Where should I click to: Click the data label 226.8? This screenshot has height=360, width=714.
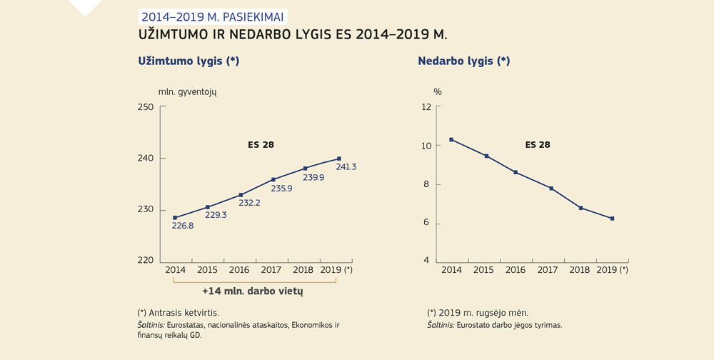(183, 226)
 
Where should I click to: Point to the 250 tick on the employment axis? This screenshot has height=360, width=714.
(146, 107)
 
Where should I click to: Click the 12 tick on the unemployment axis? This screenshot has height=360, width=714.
(426, 107)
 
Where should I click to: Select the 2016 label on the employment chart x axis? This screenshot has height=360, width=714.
(239, 270)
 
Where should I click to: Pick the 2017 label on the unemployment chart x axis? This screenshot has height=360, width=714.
(547, 270)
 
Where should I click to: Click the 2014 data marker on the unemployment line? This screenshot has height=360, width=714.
(451, 139)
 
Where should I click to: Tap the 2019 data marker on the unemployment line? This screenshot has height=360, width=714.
(612, 219)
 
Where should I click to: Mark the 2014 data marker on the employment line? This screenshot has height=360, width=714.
(175, 218)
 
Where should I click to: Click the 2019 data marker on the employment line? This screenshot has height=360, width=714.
(338, 159)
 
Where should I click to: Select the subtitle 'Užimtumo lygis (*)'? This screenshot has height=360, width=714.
(188, 61)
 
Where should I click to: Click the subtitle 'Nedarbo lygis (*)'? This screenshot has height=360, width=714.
(463, 61)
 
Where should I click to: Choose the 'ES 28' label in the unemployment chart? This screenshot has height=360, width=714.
(538, 144)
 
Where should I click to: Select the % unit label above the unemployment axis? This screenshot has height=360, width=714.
(438, 92)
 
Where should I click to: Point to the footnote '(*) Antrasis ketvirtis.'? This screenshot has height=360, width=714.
(178, 313)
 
